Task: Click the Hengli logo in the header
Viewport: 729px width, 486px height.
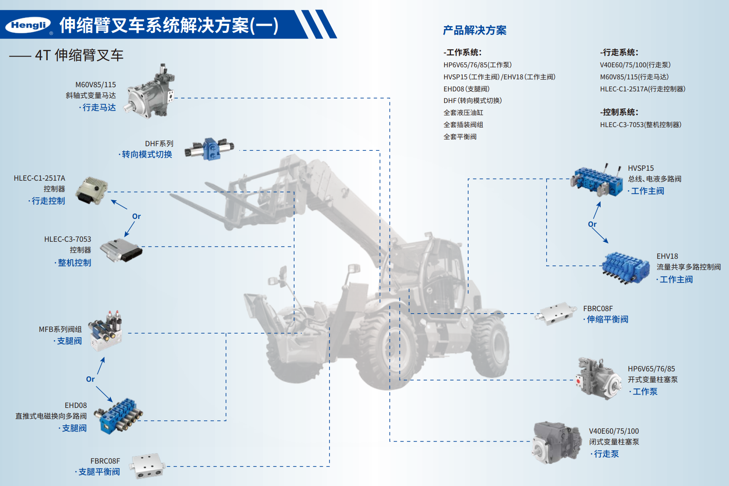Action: click(x=28, y=25)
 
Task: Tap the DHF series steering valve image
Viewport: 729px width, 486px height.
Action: click(x=209, y=149)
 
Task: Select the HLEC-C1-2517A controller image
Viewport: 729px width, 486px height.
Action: click(x=91, y=190)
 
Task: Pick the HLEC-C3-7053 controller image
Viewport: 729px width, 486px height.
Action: click(x=121, y=250)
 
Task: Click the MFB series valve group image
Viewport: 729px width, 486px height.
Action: click(x=106, y=330)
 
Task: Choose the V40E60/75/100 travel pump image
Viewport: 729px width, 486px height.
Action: click(x=557, y=442)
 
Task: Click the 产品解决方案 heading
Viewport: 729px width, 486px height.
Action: click(x=475, y=30)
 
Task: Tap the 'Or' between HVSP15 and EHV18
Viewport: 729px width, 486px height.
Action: click(x=592, y=224)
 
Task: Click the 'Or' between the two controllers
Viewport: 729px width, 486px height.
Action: click(x=136, y=216)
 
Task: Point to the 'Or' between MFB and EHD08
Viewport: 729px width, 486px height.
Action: click(x=90, y=379)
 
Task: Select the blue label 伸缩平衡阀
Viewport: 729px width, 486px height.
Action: click(x=607, y=319)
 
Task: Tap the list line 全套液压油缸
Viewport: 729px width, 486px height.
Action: click(x=463, y=113)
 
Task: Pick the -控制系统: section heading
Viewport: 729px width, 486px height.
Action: click(x=619, y=112)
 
